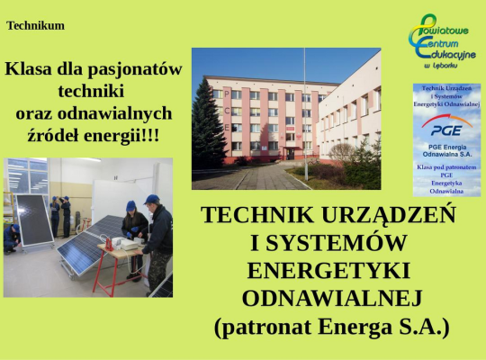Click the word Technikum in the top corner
click(36, 25)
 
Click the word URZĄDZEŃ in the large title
click(390, 216)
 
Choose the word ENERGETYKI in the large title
click(328, 270)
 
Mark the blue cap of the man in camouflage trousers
click(151, 200)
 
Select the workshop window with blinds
click(27, 175)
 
